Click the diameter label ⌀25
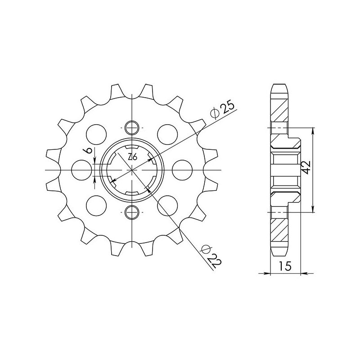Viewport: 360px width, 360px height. [222, 110]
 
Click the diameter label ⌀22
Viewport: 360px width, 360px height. [210, 256]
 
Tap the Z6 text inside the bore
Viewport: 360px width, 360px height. [132, 157]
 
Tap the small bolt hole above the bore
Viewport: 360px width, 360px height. [132, 128]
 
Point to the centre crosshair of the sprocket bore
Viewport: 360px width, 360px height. [132, 169]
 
